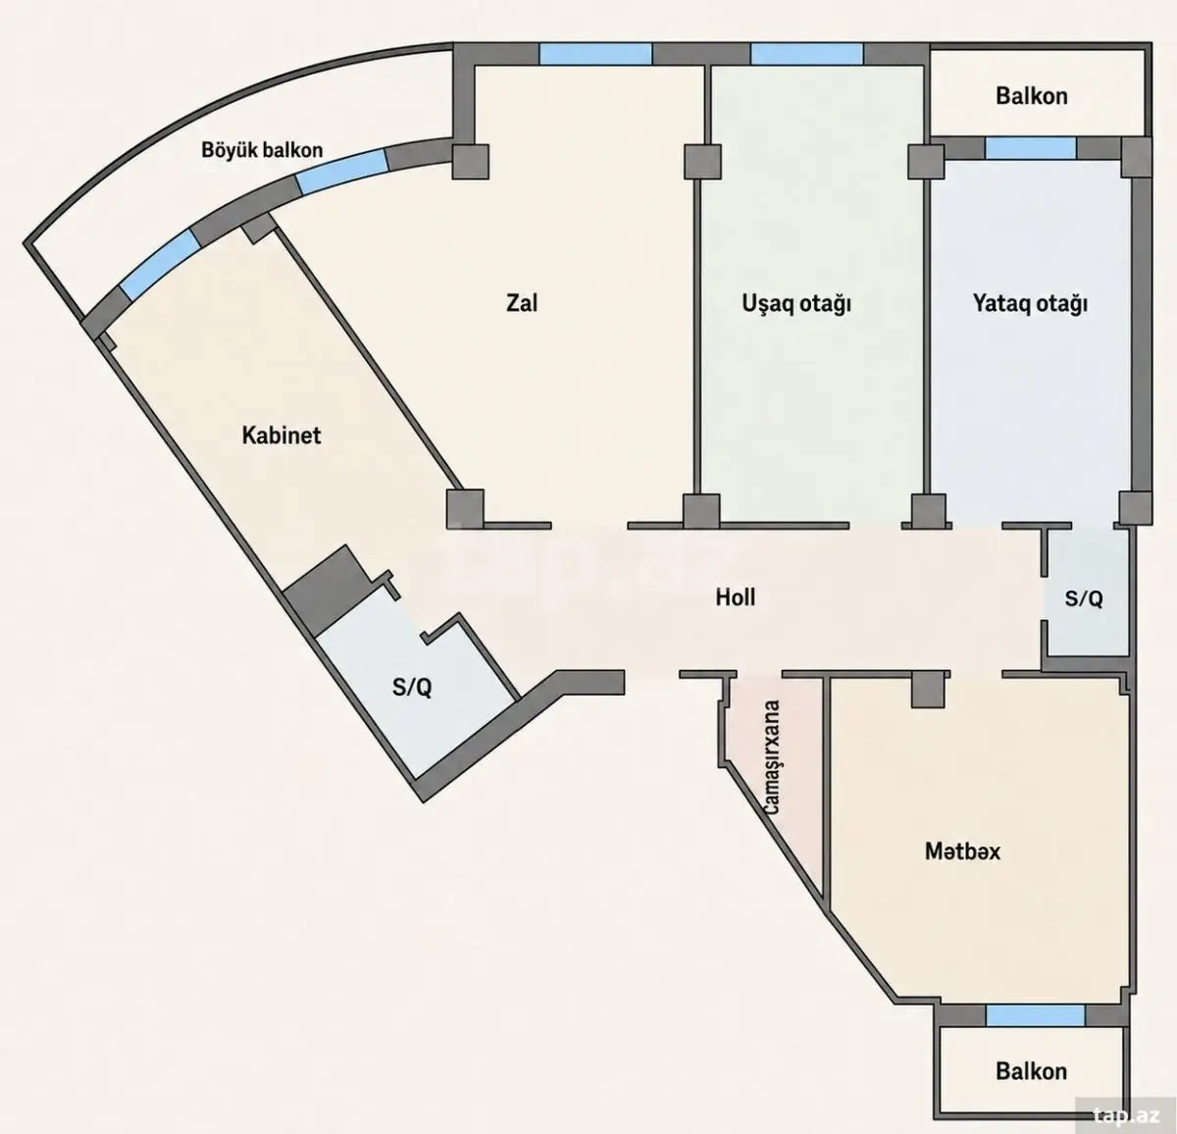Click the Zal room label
click(x=522, y=303)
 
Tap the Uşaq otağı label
click(x=796, y=303)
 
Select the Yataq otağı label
click(x=1030, y=303)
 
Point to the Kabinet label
click(x=281, y=436)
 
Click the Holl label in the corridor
click(x=736, y=597)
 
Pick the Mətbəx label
click(x=962, y=851)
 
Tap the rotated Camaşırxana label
click(x=772, y=756)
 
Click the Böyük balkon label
click(x=262, y=150)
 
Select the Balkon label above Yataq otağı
click(x=1032, y=96)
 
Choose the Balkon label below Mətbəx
click(x=1031, y=1071)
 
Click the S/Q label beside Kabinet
click(x=412, y=687)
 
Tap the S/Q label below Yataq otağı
click(x=1084, y=598)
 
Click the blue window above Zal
click(x=595, y=54)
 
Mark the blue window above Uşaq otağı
click(x=807, y=54)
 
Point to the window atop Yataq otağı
click(x=1031, y=148)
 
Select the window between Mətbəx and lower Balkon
click(x=1036, y=1015)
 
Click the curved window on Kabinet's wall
click(x=161, y=265)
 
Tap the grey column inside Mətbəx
click(x=928, y=690)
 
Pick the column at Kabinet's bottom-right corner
click(x=465, y=507)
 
